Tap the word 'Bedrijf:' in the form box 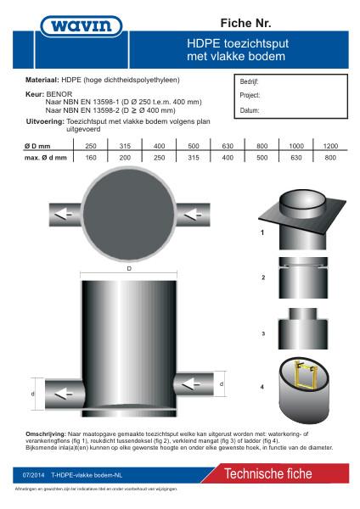(250, 82)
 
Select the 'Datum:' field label (250, 110)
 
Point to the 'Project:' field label (250, 97)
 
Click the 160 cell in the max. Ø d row (91, 158)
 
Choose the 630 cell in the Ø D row (228, 147)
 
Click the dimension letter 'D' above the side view (129, 268)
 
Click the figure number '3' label (263, 334)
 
